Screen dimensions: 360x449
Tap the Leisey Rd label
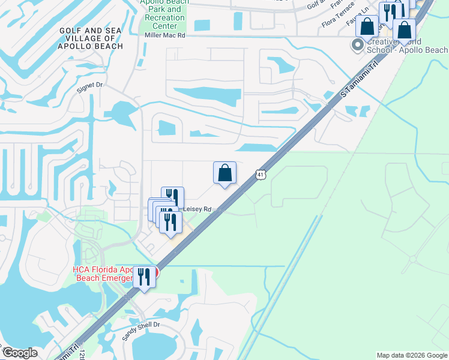click(198, 209)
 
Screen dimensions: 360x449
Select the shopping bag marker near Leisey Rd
click(224, 173)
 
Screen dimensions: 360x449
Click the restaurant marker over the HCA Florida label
click(143, 277)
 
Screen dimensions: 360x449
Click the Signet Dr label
click(90, 86)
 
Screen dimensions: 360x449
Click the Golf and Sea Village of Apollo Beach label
click(91, 38)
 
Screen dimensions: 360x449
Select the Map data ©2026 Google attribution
click(412, 355)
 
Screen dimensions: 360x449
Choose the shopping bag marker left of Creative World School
click(367, 27)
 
